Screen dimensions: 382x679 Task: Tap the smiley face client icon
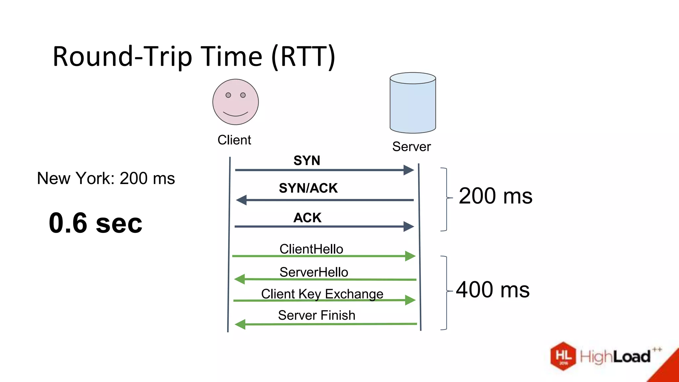[235, 102]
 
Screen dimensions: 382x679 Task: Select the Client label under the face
[234, 140]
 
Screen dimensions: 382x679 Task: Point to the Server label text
[411, 147]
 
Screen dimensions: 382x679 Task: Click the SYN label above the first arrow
[307, 161]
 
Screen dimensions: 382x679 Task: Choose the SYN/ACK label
[308, 188]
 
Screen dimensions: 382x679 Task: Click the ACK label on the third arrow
[307, 218]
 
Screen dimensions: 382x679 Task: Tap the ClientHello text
[311, 249]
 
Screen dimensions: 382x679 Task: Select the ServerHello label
[314, 272]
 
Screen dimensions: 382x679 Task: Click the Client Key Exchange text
[322, 294]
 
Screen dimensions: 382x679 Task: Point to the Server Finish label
[316, 315]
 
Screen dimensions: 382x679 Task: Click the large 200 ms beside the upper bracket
[495, 196]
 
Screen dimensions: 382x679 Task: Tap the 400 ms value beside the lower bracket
[493, 290]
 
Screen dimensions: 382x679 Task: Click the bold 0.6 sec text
[95, 223]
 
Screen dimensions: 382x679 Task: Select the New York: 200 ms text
[106, 178]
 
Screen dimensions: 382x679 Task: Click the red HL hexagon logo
[563, 356]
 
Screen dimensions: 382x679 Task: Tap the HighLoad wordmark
[615, 357]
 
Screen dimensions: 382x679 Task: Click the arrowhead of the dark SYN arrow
[408, 170]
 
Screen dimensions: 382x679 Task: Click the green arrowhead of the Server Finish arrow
[240, 324]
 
